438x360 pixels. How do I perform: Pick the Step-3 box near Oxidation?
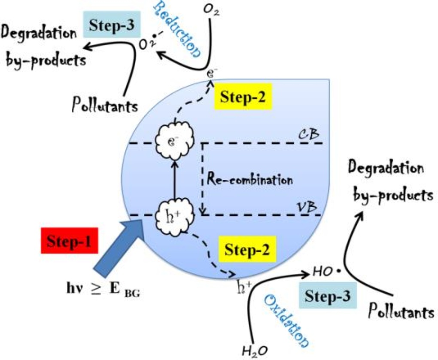[330, 296]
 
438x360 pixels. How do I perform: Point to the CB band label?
[308, 134]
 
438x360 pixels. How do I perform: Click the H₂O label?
[255, 351]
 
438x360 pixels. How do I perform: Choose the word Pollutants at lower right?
[401, 310]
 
